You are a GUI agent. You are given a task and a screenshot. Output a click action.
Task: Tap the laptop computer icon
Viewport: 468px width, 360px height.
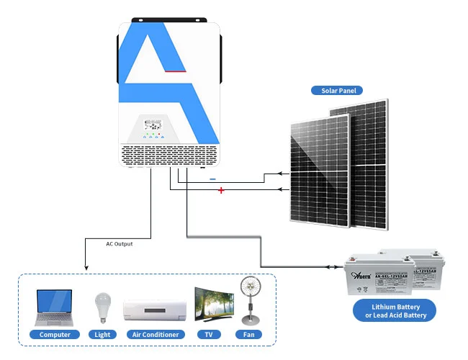point(54,307)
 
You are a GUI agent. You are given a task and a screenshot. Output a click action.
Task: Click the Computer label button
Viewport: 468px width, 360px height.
point(55,335)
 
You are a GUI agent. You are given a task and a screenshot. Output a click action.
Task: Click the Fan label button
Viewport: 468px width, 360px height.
point(248,335)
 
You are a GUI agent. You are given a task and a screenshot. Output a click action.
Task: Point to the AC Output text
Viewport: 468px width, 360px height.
point(119,244)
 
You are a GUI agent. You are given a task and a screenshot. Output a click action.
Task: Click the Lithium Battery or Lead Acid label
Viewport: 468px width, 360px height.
point(394,311)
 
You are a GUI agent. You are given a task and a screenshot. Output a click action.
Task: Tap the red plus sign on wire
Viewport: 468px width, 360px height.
point(221,190)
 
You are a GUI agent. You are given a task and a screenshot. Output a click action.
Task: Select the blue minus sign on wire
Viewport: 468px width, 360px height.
point(212,178)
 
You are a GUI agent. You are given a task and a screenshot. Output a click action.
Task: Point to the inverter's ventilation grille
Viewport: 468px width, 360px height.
point(169,154)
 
